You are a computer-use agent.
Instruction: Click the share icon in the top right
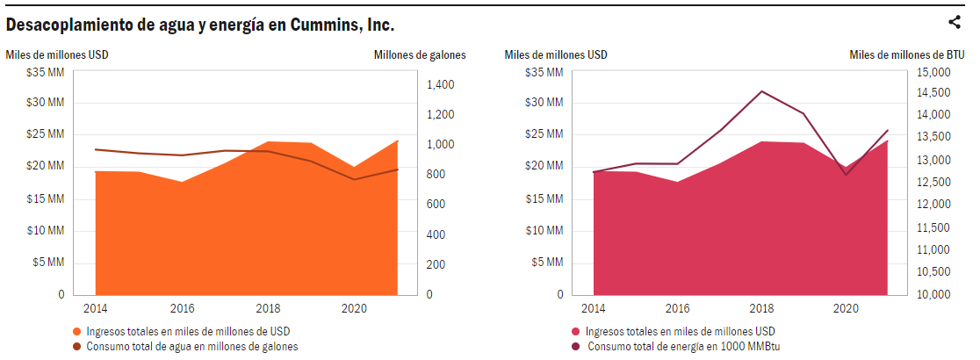955,23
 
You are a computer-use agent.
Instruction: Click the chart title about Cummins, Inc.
199,24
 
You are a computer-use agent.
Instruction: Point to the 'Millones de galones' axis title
420,54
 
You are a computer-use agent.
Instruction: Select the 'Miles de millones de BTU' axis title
907,54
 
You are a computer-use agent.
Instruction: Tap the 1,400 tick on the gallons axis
441,85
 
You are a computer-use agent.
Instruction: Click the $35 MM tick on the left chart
46,71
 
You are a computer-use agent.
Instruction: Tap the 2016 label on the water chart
182,309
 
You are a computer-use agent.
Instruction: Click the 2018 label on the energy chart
760,309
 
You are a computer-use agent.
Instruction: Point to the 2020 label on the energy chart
846,309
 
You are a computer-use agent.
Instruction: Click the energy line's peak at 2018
761,91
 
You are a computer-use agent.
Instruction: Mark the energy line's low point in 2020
847,175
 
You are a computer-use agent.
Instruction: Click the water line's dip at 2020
355,179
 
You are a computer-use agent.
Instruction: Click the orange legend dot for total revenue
77,331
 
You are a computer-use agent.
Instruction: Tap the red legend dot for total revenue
576,331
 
